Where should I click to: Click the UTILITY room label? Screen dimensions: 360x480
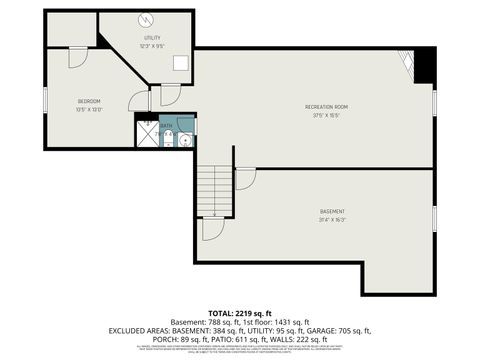tap(153, 37)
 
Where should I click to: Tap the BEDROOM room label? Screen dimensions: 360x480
tap(90, 101)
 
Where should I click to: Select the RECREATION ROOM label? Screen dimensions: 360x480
tap(326, 106)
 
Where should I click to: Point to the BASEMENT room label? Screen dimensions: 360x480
tap(332, 212)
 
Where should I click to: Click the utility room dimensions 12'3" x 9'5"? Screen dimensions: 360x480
tap(153, 45)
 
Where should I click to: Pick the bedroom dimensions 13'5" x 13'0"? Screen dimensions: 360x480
tap(90, 109)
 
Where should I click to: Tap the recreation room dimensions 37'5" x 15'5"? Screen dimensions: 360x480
tap(326, 114)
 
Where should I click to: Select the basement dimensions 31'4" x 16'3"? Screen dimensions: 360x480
tap(332, 220)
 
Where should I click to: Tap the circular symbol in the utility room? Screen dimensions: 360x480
tap(146, 19)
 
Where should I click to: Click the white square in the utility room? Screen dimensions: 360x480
tap(180, 60)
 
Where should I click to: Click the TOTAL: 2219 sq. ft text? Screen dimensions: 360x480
tap(240, 313)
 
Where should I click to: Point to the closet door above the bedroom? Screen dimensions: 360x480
tap(75, 57)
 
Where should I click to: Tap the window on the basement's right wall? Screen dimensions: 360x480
tap(433, 218)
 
